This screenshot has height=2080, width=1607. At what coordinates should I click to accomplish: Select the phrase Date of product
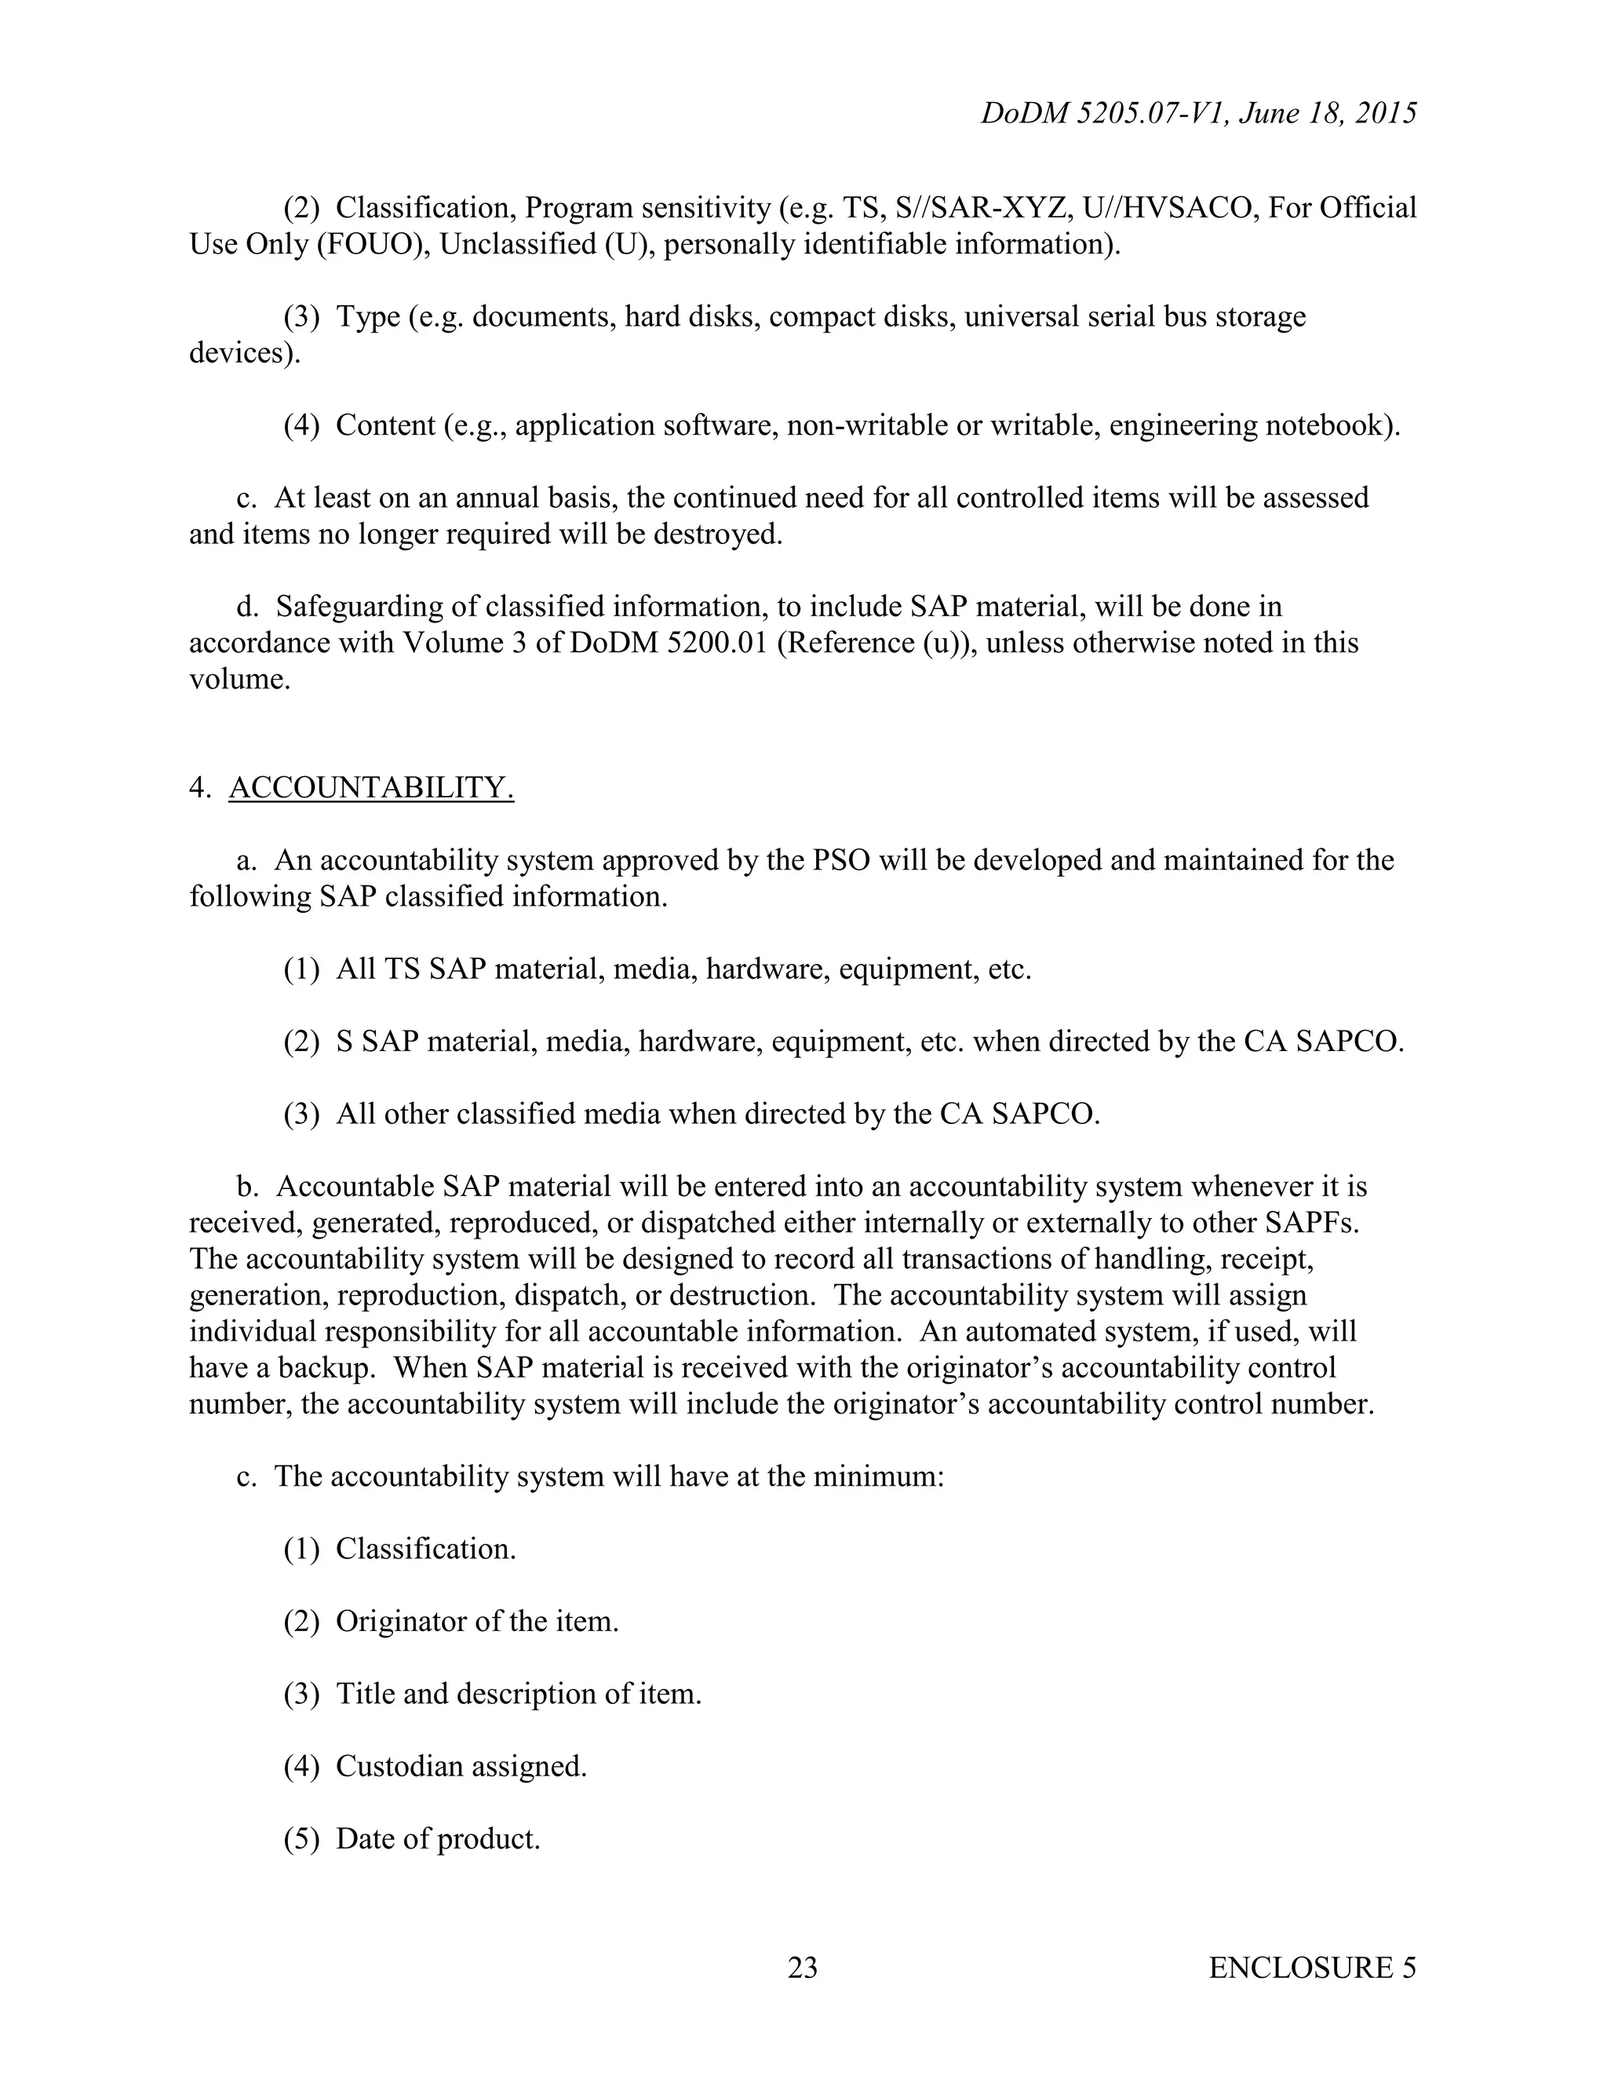438,1839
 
